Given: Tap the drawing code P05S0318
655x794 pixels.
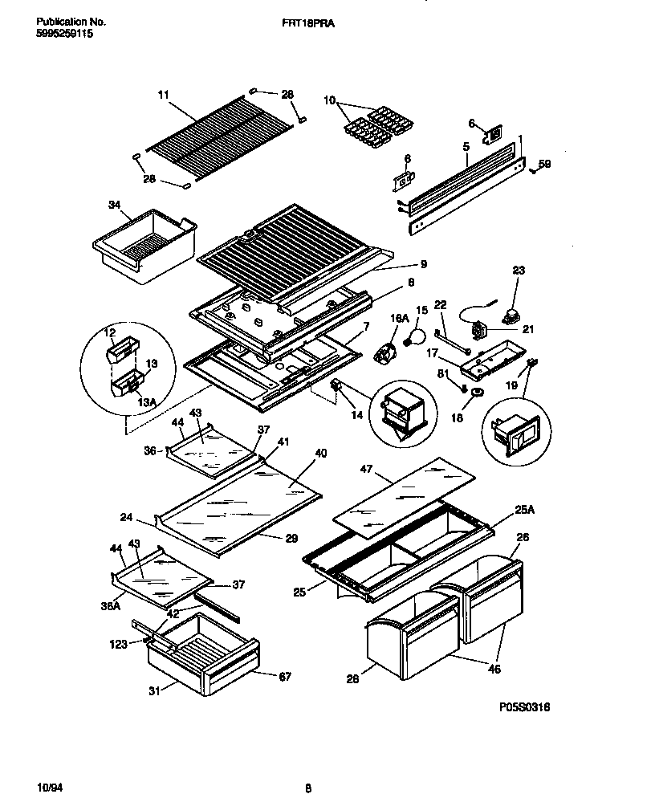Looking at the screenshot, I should coord(523,706).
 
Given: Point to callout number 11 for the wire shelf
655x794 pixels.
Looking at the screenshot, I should coord(164,95).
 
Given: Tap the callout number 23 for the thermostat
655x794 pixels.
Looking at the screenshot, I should coord(518,271).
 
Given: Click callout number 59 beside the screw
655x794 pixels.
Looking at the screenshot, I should coord(544,164).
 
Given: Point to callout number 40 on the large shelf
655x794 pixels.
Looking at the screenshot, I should coord(320,454).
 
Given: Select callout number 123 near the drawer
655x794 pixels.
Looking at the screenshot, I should coord(120,643).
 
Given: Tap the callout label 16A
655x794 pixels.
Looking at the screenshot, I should coord(393,319).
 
